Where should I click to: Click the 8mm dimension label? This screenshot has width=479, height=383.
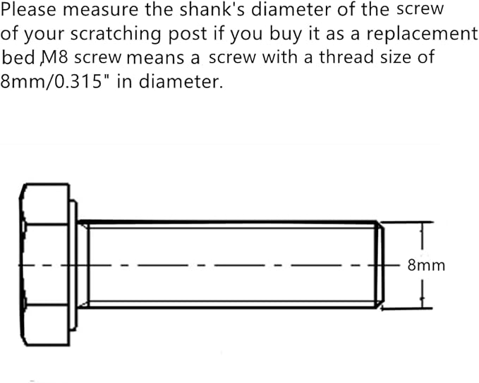coord(426,265)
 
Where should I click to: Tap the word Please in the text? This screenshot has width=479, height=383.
coord(29,10)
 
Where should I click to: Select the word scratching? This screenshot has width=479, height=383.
coord(116,35)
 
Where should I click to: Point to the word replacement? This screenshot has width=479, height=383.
coord(421,34)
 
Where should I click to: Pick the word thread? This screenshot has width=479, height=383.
coord(346,57)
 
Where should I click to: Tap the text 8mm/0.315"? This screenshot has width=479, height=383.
coord(51,82)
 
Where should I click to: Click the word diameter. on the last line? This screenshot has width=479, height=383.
coord(181,82)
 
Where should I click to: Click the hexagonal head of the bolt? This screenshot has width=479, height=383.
coord(44,265)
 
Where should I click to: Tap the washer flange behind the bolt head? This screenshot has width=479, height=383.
coord(73,265)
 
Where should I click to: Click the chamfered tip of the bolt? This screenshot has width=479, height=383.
coord(380,265)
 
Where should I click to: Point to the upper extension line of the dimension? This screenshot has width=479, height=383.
coord(406,222)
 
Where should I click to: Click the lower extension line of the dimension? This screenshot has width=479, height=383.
coord(406,309)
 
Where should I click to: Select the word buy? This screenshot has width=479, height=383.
coord(285,34)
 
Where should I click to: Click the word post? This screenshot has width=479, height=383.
coord(188,35)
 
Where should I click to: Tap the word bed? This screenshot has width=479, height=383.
coord(18,57)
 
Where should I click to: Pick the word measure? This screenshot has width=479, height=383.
coord(101,11)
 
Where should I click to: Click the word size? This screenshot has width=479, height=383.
coord(396,57)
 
